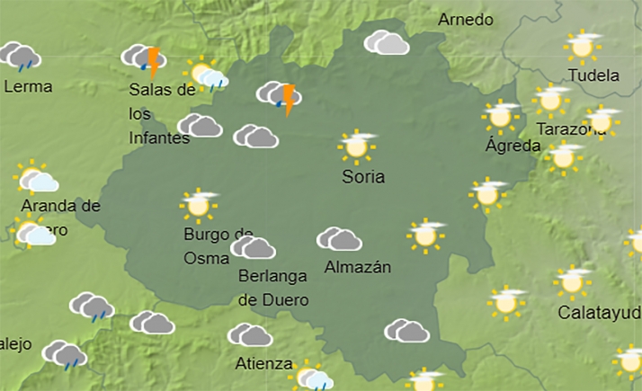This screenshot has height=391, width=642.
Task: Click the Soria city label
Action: (x=363, y=177)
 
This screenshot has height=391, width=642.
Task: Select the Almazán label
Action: (x=358, y=267)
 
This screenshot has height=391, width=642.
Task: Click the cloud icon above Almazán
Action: (x=339, y=239)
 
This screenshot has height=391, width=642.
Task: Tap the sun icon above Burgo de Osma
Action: (x=199, y=205)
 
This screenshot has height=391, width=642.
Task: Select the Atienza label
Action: (x=263, y=364)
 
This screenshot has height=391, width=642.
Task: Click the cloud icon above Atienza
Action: (x=250, y=335)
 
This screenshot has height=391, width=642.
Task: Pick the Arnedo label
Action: (x=466, y=20)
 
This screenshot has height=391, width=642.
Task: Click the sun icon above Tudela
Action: (x=583, y=45)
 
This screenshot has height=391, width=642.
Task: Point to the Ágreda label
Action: (x=513, y=146)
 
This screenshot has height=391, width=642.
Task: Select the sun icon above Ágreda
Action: (x=500, y=116)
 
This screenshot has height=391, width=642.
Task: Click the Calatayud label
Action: (x=599, y=313)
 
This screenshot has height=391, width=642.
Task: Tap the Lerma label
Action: (x=28, y=87)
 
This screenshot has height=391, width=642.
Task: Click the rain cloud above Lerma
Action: (x=21, y=57)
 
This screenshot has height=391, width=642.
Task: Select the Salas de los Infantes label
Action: (x=161, y=113)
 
